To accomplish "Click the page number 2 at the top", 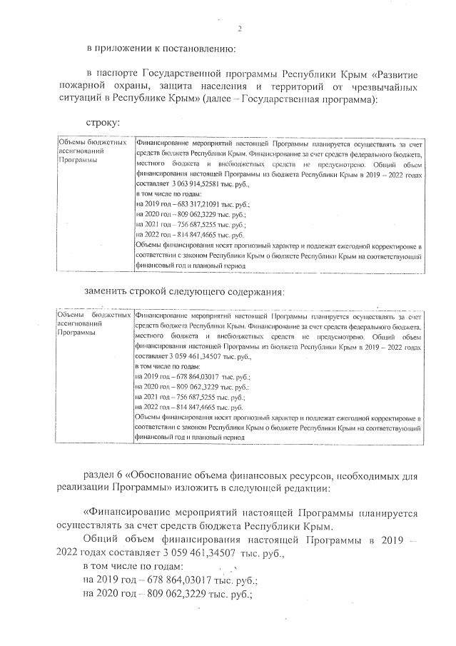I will click(x=240, y=29).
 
